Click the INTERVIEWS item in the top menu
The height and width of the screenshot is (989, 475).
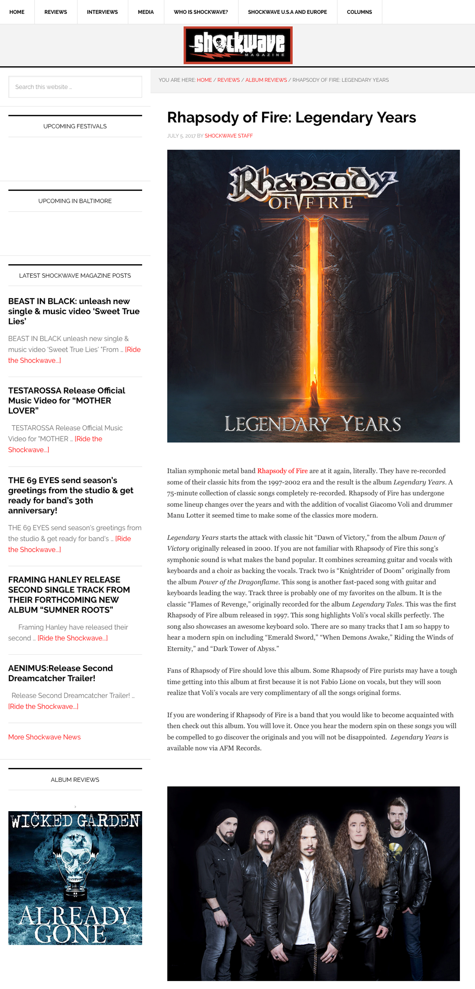point(102,12)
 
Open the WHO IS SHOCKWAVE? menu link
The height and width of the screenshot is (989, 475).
point(201,12)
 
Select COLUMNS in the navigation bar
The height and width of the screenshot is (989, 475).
point(359,12)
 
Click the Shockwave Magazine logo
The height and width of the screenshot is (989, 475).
point(238,45)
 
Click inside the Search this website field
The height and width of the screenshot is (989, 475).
point(75,87)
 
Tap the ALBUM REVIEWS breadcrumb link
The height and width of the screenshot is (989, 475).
point(266,80)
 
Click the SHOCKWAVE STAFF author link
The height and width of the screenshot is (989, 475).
point(228,136)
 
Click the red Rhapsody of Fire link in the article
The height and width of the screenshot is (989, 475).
point(282,471)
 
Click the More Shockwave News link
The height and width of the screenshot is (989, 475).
point(44,737)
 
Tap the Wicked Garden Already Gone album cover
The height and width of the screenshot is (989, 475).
point(75,878)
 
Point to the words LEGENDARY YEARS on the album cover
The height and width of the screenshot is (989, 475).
point(313,424)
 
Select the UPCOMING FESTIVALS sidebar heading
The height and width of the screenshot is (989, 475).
point(75,126)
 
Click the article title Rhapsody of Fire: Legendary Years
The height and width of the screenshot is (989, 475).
point(291,118)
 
